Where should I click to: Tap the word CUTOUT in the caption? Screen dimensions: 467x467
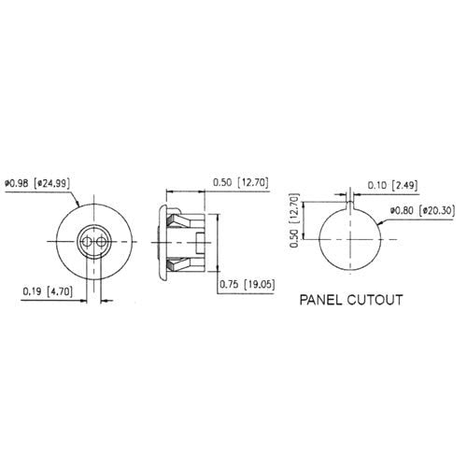pyautogui.click(x=377, y=302)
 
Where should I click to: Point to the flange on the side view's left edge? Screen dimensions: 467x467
pyautogui.click(x=163, y=240)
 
